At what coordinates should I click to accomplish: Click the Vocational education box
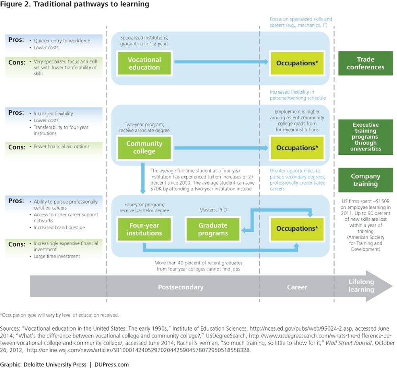(x=144, y=63)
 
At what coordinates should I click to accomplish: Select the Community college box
(x=144, y=147)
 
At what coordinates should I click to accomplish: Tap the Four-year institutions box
(x=144, y=229)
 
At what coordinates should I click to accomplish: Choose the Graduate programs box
(x=213, y=229)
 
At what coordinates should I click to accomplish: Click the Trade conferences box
(x=365, y=63)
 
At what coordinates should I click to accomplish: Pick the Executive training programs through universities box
(x=365, y=137)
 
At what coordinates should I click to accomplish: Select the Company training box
(x=365, y=180)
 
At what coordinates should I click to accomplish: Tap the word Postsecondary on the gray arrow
(x=180, y=287)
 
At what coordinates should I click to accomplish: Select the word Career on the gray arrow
(x=297, y=287)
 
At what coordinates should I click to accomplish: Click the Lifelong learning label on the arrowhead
(x=361, y=286)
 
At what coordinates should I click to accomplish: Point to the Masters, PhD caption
(x=212, y=209)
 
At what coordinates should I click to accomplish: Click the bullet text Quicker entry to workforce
(x=62, y=40)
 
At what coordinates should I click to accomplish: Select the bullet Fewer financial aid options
(x=62, y=146)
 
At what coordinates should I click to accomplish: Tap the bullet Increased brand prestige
(x=59, y=227)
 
